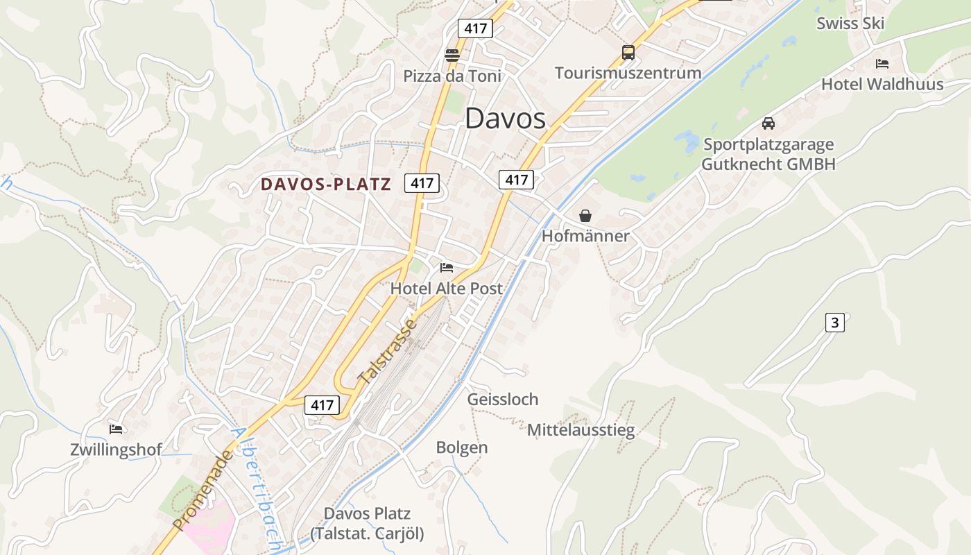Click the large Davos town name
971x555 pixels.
tap(505, 119)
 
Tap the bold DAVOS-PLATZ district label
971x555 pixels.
tap(325, 185)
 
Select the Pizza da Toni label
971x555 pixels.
tap(452, 76)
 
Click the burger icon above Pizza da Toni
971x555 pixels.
tap(452, 55)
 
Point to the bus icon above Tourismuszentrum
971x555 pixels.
tap(628, 53)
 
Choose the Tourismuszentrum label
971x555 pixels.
tap(628, 73)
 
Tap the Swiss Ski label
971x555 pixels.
tap(850, 24)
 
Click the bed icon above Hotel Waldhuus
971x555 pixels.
tap(882, 64)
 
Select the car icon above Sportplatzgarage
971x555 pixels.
tap(768, 123)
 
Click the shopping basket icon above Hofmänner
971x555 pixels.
tap(585, 216)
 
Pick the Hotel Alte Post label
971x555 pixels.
tap(446, 288)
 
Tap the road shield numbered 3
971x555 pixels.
tap(834, 323)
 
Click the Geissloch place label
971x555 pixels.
tap(502, 400)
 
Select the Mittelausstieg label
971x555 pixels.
tap(581, 431)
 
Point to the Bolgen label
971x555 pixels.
tap(461, 447)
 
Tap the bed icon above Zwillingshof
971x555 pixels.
tap(116, 429)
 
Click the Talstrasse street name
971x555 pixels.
tap(387, 352)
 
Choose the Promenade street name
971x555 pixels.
tap(202, 490)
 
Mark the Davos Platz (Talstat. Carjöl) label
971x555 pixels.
tap(367, 524)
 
